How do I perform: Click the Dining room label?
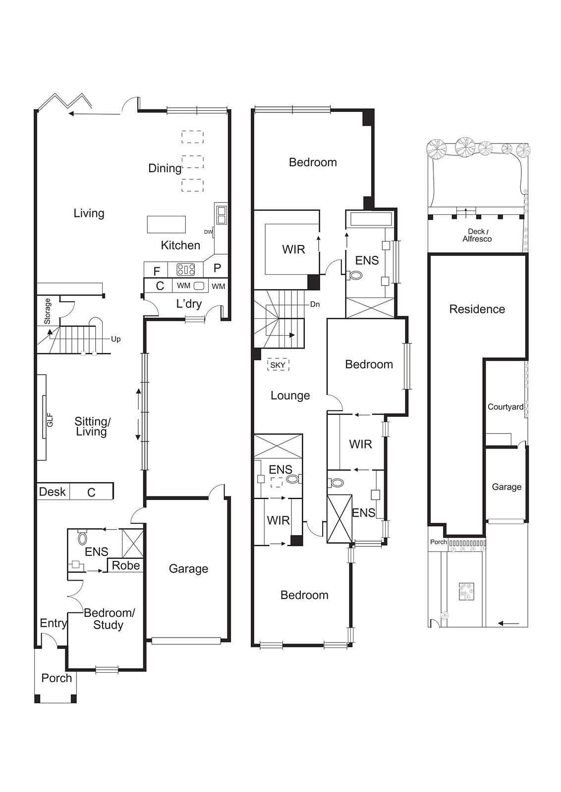165,168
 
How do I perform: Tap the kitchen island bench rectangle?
167,225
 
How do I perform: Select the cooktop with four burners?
186,270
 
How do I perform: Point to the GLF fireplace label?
50,420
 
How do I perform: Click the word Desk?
53,492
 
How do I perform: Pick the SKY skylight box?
278,365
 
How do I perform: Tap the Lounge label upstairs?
290,396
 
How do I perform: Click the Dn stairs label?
315,304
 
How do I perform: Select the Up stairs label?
116,339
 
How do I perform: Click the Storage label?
48,311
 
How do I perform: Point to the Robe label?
126,565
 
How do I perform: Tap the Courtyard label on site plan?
505,407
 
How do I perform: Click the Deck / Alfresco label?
477,235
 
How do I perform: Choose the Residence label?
477,309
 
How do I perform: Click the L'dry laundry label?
189,304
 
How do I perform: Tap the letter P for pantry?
218,268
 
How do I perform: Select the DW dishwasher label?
208,232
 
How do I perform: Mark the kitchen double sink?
222,215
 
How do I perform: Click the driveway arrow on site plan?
508,623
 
